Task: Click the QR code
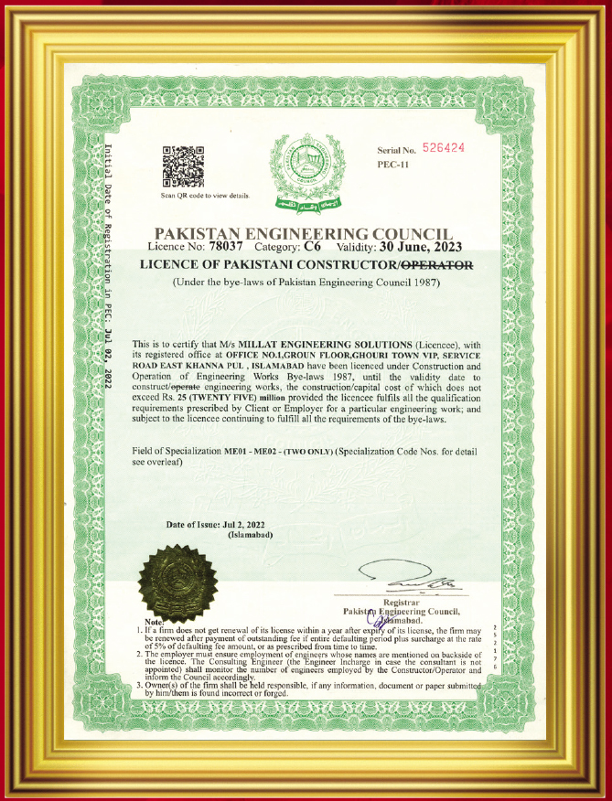point(183,167)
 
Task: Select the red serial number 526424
point(444,147)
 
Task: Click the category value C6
point(316,247)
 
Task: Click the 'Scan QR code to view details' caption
point(205,196)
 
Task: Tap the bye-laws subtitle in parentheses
point(306,283)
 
